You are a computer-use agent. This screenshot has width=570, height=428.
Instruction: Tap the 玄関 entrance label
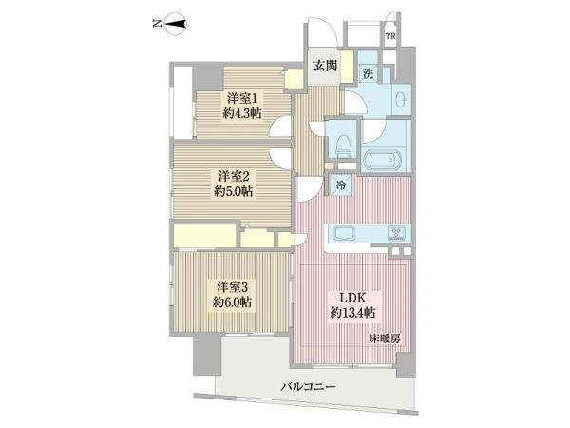coord(326,66)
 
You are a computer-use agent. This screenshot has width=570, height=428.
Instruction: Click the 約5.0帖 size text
coord(233,191)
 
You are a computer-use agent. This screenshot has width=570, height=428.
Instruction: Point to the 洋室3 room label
coord(233,287)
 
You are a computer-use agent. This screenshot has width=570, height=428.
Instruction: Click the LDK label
coord(352,298)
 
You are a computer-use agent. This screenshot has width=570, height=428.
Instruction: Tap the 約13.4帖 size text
coord(352,313)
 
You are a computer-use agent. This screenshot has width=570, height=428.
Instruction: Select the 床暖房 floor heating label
coord(386,340)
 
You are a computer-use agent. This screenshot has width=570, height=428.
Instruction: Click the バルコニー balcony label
coord(308,386)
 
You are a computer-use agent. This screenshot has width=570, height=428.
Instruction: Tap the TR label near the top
coord(390,36)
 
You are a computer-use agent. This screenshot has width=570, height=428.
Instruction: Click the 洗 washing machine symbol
coord(368,74)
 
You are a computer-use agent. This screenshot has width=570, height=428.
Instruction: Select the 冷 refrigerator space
coord(341,185)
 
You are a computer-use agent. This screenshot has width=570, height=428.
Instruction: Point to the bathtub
coord(384,160)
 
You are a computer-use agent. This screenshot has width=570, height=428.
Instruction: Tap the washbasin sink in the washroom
coord(401,99)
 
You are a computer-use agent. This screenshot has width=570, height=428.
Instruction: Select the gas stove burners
coord(396,233)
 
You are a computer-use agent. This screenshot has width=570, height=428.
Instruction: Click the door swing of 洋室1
coord(280,126)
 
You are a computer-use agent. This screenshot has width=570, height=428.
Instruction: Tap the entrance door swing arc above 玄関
coord(323,32)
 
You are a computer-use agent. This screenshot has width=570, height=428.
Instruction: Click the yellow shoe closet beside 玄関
coord(347,67)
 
